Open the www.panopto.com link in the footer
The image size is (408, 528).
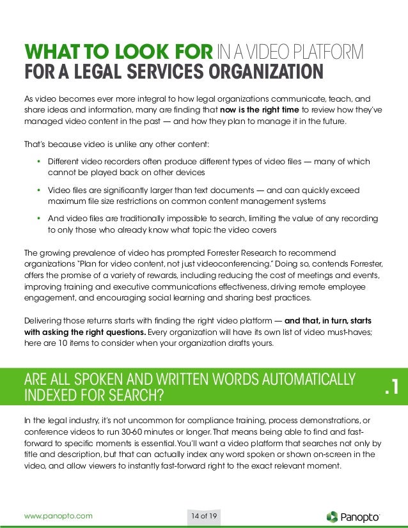click(x=58, y=515)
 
